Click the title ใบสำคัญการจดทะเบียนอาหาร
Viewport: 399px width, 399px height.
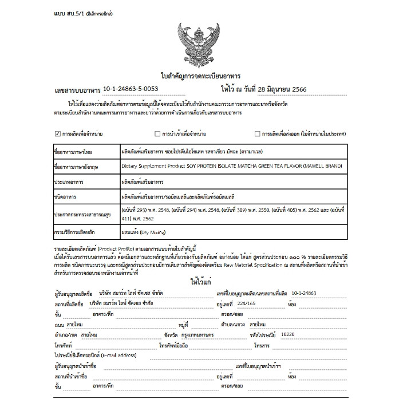pos(200,76)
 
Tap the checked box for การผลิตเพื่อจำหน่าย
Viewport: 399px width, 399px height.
pos(58,134)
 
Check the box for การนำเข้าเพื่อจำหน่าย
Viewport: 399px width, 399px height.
pos(157,134)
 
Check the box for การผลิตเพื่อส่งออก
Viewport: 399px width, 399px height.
pos(257,134)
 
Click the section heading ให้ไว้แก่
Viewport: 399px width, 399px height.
pos(200,282)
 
